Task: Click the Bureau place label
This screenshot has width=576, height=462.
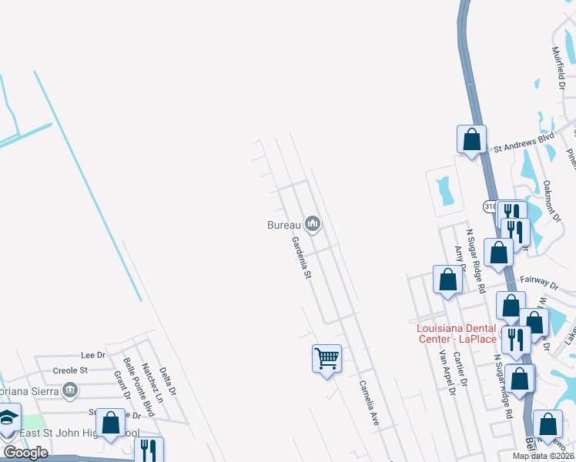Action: click(282, 225)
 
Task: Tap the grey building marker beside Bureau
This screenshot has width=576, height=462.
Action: click(312, 224)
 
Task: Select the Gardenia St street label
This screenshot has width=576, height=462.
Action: click(301, 257)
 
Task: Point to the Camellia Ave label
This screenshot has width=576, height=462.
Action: click(369, 403)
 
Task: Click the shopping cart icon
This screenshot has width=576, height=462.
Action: click(327, 358)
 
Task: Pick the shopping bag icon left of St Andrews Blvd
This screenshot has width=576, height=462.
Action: click(471, 140)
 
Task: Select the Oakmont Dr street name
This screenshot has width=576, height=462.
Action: click(550, 201)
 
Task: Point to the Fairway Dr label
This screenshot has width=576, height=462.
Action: click(537, 283)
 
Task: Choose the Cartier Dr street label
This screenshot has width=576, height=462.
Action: click(460, 370)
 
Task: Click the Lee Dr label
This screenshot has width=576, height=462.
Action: click(92, 355)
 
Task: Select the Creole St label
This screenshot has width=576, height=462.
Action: click(69, 370)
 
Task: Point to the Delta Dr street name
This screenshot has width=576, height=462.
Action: click(168, 381)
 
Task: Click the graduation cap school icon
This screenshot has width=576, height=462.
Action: click(8, 420)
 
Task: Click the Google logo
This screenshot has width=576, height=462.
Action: click(25, 453)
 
